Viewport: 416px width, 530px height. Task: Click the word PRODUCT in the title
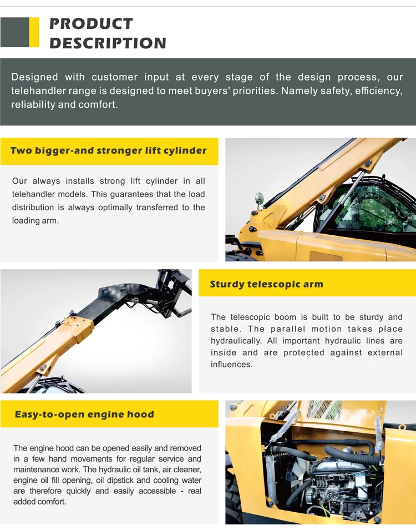pyautogui.click(x=91, y=24)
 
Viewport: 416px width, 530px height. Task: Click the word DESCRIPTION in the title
pyautogui.click(x=108, y=43)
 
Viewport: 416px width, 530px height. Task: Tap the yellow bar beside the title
pyautogui.click(x=34, y=32)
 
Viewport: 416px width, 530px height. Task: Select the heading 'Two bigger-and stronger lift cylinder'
pyautogui.click(x=108, y=150)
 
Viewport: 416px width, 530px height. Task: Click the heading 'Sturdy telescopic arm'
pyautogui.click(x=266, y=284)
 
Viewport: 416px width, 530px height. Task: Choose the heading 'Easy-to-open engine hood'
pyautogui.click(x=84, y=414)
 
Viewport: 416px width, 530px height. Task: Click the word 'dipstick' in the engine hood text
pyautogui.click(x=135, y=480)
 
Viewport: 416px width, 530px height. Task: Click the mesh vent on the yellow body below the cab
pyautogui.click(x=326, y=256)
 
